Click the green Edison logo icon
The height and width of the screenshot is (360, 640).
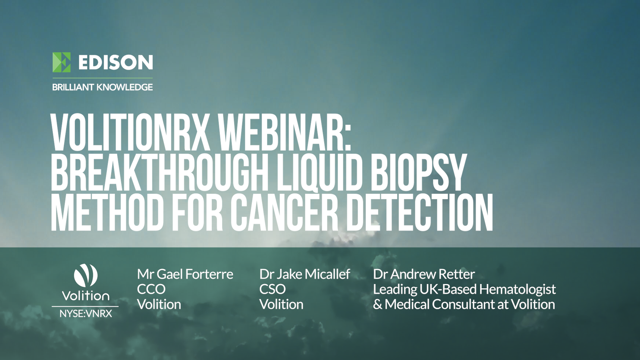click(62, 62)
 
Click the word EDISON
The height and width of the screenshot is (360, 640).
click(115, 62)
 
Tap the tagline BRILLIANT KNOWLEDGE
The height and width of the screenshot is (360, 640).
click(102, 87)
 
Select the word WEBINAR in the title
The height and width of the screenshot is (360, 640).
click(284, 133)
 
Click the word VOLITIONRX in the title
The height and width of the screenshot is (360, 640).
click(130, 133)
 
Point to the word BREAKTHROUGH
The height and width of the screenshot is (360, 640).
click(159, 173)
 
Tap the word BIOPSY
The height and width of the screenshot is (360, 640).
click(418, 173)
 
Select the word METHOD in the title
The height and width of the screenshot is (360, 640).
click(107, 213)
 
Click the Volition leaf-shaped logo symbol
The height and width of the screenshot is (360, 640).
click(86, 275)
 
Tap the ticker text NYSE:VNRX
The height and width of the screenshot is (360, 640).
click(86, 314)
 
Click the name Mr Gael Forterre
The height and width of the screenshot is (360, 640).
click(185, 274)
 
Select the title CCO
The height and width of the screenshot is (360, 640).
click(151, 289)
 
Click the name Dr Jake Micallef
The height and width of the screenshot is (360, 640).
click(305, 274)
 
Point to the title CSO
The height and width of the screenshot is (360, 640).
click(272, 289)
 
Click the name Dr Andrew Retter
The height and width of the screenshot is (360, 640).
click(424, 274)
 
